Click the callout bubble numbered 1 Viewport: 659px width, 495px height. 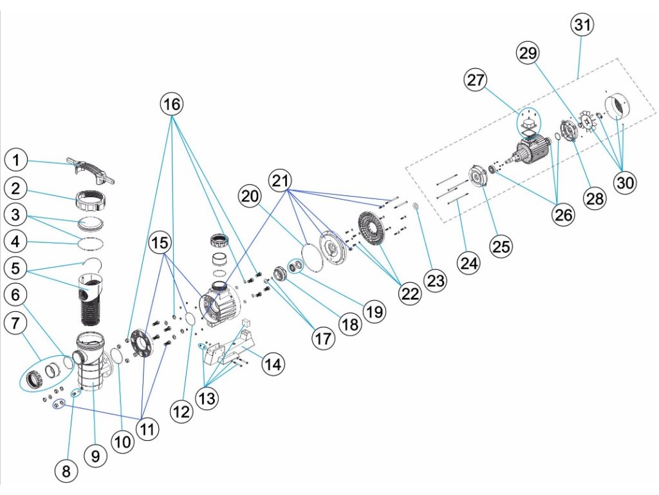tap(17, 159)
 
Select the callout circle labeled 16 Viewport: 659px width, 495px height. tap(172, 103)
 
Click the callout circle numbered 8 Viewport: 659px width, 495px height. tap(66, 471)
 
